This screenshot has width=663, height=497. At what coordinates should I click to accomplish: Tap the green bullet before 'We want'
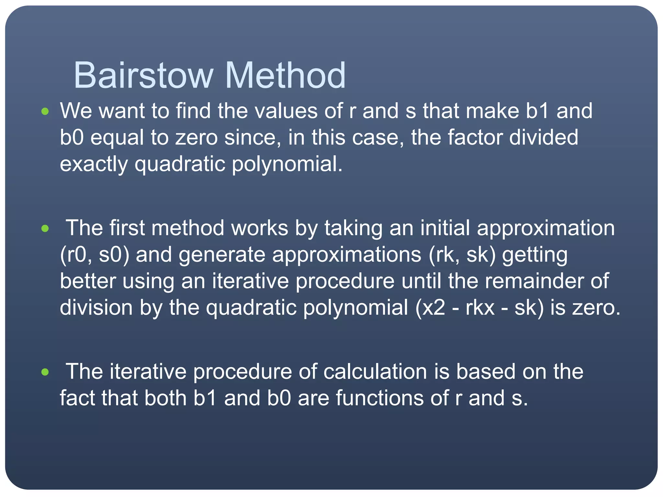(45, 112)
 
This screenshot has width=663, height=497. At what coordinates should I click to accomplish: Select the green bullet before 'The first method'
(45, 229)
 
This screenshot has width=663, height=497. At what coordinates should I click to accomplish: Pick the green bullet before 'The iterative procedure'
(45, 372)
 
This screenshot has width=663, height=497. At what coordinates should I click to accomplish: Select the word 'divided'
(544, 138)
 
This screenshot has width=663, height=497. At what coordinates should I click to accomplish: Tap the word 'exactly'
(94, 164)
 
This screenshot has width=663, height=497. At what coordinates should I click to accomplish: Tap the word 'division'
(96, 307)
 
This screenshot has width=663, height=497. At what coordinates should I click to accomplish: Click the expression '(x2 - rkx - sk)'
(479, 307)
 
